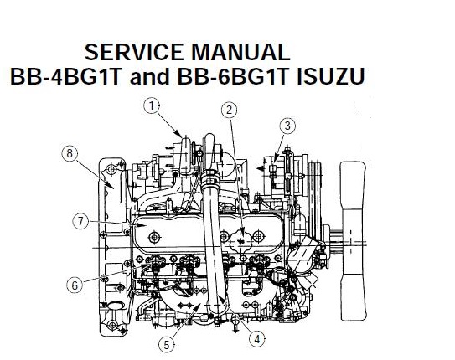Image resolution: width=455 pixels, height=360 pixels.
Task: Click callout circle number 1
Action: (152, 106)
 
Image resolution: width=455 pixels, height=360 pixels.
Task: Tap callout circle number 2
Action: (230, 111)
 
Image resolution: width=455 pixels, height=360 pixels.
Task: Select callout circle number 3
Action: (287, 126)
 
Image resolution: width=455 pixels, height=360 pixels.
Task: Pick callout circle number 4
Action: (257, 338)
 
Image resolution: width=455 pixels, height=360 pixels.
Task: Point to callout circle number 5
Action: (167, 345)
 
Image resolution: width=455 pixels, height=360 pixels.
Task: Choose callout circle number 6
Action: (75, 285)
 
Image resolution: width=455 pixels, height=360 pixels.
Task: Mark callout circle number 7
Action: (80, 222)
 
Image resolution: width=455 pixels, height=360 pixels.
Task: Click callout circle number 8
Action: (70, 153)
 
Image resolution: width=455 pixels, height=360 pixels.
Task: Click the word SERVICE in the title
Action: (134, 52)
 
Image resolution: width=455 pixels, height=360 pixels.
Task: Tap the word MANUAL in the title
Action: (240, 52)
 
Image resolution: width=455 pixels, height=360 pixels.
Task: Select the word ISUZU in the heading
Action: (330, 76)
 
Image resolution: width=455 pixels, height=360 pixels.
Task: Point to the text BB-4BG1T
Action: (65, 76)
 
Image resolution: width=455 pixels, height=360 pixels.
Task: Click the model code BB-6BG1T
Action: (233, 76)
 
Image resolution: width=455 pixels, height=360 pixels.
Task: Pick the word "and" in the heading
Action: (149, 76)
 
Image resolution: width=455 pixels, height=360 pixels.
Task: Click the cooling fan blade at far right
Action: (353, 241)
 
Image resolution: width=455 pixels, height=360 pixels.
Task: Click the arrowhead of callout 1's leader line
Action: (180, 134)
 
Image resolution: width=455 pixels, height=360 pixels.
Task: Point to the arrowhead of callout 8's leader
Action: (109, 184)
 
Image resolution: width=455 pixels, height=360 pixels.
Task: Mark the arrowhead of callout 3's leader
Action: (275, 158)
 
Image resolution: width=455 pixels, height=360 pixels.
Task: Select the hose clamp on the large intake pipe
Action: (209, 178)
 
